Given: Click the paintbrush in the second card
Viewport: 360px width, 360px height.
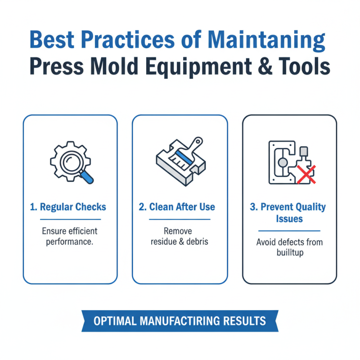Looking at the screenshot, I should click(187, 153).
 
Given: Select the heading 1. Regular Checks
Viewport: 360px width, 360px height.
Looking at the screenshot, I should click(68, 207).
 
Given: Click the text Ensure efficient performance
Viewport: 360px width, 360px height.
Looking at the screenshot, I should click(70, 236).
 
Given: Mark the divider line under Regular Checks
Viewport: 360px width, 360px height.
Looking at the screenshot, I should click(70, 220).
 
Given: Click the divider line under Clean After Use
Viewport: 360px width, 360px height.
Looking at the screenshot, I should click(180, 220).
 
